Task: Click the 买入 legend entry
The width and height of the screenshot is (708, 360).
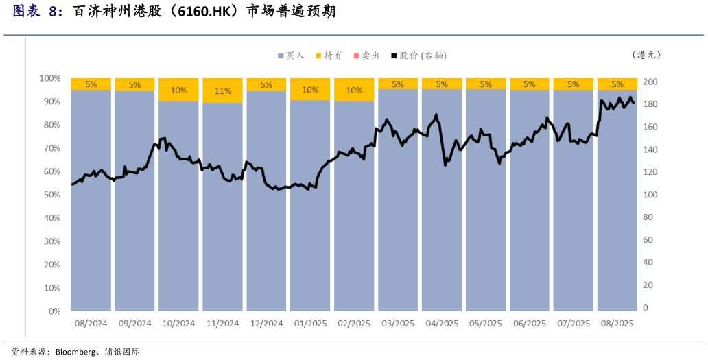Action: (x=291, y=55)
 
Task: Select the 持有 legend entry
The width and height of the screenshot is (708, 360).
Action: (x=329, y=55)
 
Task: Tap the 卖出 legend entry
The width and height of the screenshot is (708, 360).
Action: (x=366, y=55)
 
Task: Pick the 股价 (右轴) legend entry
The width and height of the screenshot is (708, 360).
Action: (x=418, y=55)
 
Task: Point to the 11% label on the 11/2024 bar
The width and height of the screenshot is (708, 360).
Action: (x=222, y=91)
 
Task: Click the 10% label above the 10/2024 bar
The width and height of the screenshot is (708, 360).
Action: (x=178, y=90)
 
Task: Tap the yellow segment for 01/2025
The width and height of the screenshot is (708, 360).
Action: (x=310, y=89)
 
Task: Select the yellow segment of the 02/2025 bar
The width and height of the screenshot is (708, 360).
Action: (x=354, y=90)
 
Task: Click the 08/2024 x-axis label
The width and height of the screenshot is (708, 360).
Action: (x=91, y=323)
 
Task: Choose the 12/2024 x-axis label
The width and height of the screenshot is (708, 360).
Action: (x=266, y=323)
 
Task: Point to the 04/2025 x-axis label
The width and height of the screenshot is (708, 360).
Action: (x=442, y=323)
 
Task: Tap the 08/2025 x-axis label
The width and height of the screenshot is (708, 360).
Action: (x=617, y=323)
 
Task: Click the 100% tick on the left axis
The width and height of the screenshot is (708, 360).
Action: (x=50, y=78)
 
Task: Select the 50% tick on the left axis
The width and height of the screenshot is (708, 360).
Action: (x=52, y=195)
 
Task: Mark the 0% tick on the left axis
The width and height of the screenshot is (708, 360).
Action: (x=54, y=311)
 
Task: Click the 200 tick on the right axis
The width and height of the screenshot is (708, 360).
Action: (x=649, y=82)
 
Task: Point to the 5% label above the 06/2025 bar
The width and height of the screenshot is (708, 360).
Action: (x=530, y=84)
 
